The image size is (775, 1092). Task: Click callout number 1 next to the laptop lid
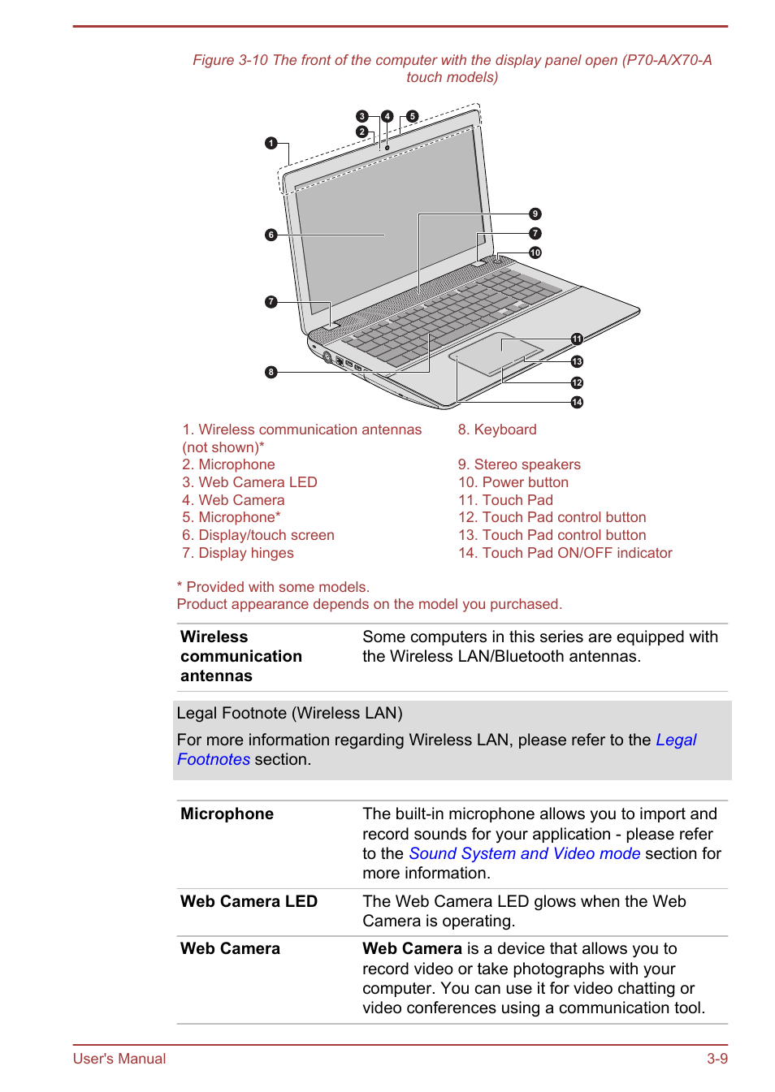tap(271, 143)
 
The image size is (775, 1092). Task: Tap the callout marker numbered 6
tap(271, 235)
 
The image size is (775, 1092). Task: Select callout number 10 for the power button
tap(535, 252)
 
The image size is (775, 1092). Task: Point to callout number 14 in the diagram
tap(577, 402)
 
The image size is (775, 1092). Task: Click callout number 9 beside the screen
tap(535, 214)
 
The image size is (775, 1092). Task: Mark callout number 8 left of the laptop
tap(271, 372)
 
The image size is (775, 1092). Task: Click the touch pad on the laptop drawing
tap(496, 353)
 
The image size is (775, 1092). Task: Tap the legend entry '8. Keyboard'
tap(496, 429)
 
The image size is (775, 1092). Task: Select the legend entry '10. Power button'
tap(513, 482)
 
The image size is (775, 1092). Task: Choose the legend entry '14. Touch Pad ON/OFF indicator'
tap(565, 553)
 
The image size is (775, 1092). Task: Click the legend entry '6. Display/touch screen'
tap(258, 535)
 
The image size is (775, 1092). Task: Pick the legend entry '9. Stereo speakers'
tap(518, 464)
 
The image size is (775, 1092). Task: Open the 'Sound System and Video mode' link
tap(524, 853)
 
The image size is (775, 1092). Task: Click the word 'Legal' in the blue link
tap(676, 740)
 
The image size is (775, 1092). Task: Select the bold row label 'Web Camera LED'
tap(249, 901)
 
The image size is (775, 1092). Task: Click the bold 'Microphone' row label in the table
tap(227, 814)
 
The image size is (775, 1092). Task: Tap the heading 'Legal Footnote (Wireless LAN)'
tap(289, 713)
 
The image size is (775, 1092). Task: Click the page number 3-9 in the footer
tap(717, 1059)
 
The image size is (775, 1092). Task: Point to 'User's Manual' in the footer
tap(119, 1059)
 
